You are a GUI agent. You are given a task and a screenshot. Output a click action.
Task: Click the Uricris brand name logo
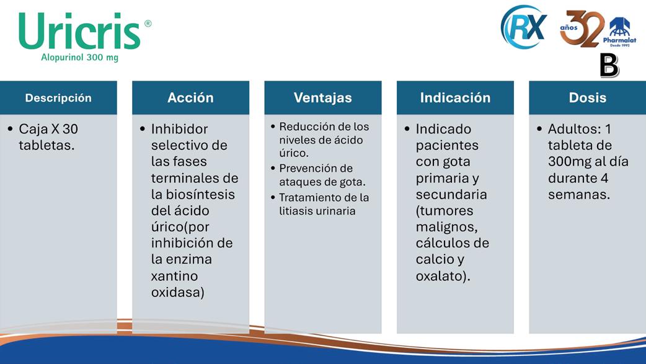(x=80, y=32)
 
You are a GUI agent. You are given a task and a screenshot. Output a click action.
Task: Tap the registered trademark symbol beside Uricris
(x=148, y=24)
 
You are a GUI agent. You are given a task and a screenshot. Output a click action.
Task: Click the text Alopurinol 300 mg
(x=79, y=57)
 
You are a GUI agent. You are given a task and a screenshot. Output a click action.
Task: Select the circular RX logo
(x=524, y=27)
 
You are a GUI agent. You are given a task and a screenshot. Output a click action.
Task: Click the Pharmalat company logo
(x=619, y=32)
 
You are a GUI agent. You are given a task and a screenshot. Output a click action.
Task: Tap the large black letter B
(x=609, y=66)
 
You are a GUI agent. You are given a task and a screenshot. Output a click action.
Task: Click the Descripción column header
(x=58, y=98)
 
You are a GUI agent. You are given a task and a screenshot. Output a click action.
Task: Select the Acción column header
(x=191, y=98)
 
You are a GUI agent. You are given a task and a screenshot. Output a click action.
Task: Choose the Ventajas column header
(x=323, y=98)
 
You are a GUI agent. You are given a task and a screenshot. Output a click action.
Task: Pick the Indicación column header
(x=455, y=98)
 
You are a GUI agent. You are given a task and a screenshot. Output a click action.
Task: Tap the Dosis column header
(x=588, y=98)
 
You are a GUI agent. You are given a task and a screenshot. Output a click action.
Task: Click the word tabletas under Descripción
(x=46, y=146)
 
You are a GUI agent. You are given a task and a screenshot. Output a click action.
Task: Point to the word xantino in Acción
(x=174, y=276)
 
